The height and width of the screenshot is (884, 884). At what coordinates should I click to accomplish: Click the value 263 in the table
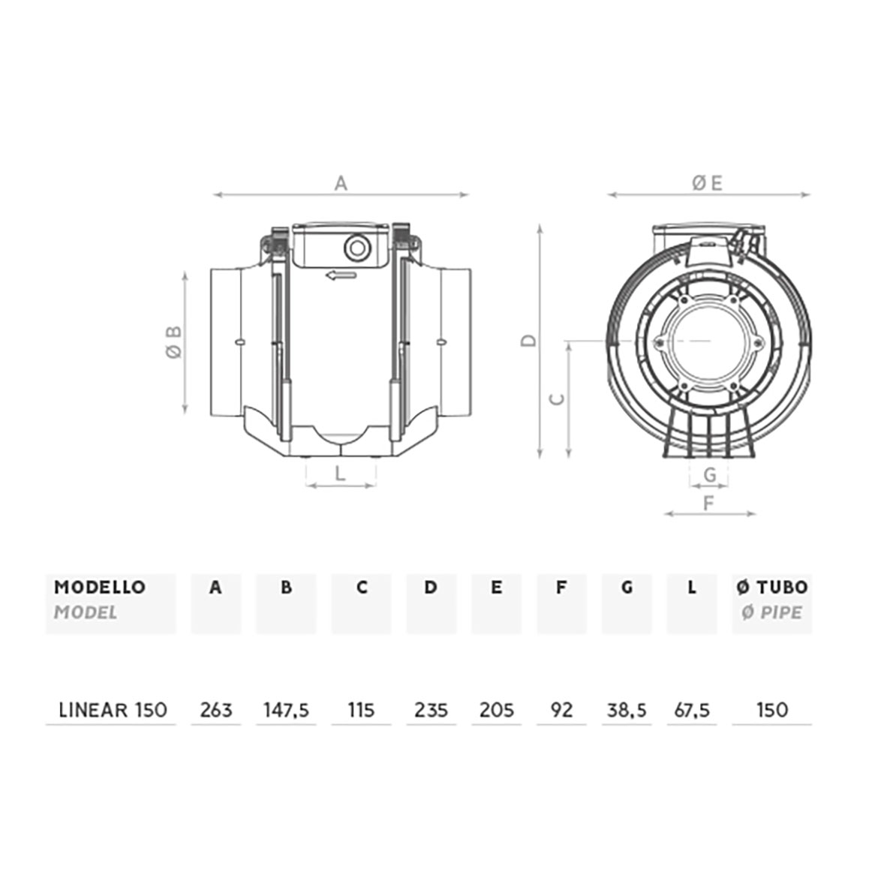216,710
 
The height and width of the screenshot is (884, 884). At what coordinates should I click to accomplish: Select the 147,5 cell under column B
287,711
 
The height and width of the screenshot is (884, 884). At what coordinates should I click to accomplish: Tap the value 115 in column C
362,710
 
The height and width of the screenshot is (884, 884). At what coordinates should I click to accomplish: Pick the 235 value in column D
431,710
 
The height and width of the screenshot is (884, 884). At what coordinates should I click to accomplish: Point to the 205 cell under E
497,710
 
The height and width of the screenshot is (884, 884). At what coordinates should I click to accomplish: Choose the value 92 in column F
561,710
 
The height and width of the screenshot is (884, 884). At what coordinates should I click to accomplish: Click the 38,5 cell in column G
627,711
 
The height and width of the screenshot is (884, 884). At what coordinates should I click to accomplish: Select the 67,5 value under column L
692,711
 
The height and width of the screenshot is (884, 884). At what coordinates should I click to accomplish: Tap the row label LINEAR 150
113,710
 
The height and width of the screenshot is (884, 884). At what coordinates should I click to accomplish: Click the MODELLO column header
100,587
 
